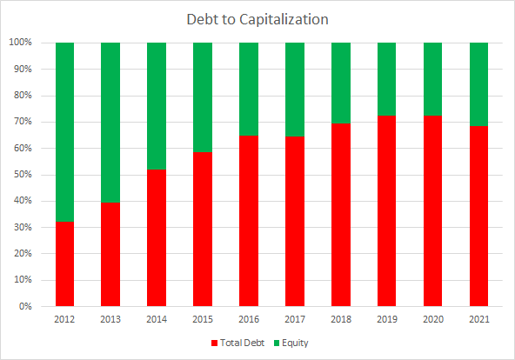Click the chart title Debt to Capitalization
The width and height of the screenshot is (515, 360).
pyautogui.click(x=257, y=18)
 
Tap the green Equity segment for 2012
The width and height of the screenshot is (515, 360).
pyautogui.click(x=64, y=131)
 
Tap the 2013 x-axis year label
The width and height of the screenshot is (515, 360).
pyautogui.click(x=110, y=320)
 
